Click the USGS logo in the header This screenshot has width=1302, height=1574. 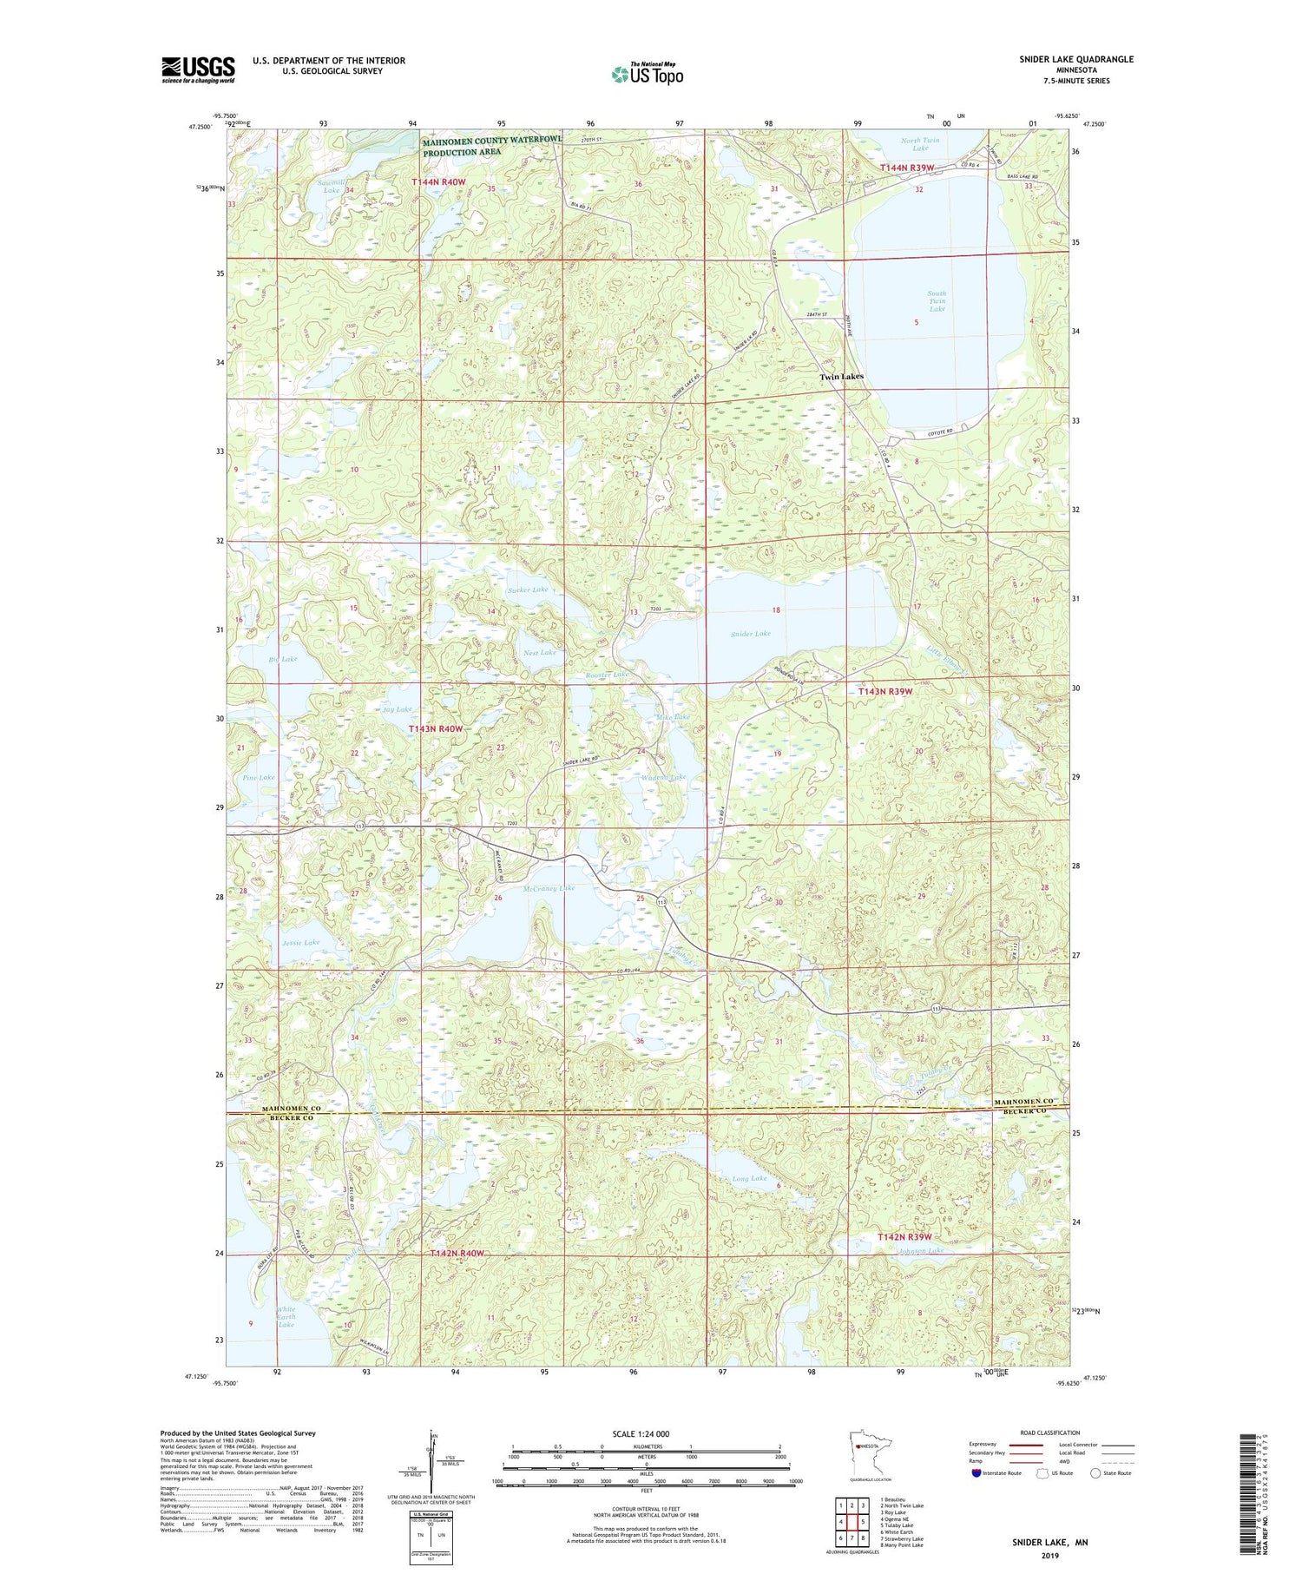(x=198, y=69)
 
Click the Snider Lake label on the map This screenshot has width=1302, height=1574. (x=751, y=634)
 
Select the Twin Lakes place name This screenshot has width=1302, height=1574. (x=842, y=377)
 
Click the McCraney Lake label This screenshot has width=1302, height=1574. (x=549, y=888)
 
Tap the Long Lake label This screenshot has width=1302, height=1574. (x=749, y=1178)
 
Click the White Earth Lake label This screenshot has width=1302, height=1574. (x=286, y=1317)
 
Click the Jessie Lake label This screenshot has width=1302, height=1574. (x=300, y=942)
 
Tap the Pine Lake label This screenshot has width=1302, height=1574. (x=259, y=777)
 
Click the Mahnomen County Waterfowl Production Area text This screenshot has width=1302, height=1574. (x=492, y=146)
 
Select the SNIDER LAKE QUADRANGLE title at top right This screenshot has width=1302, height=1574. (x=1064, y=59)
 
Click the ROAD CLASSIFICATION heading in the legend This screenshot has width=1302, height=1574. (x=1050, y=1432)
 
